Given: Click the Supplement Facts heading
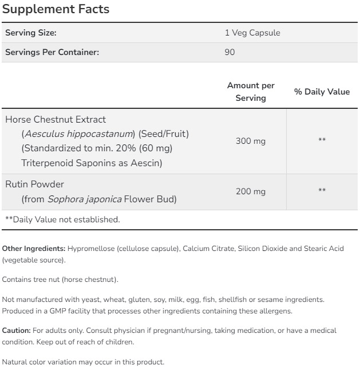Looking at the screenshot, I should point(56,10).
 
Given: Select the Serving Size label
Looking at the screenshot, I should point(30,33).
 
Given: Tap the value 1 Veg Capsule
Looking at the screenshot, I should point(252,33).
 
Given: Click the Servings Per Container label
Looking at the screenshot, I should point(52,52).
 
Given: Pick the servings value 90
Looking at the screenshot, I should point(230,52).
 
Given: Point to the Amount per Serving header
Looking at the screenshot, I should point(251,92).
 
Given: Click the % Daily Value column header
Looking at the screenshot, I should point(322,92).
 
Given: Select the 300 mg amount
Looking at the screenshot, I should point(251,141).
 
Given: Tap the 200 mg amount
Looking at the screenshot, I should point(251,192).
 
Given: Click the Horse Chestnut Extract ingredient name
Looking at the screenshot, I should point(56,120).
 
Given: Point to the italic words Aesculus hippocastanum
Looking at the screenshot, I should point(78,134).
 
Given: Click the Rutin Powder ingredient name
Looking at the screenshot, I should point(34,185).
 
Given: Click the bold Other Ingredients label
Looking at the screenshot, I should point(34,249).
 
